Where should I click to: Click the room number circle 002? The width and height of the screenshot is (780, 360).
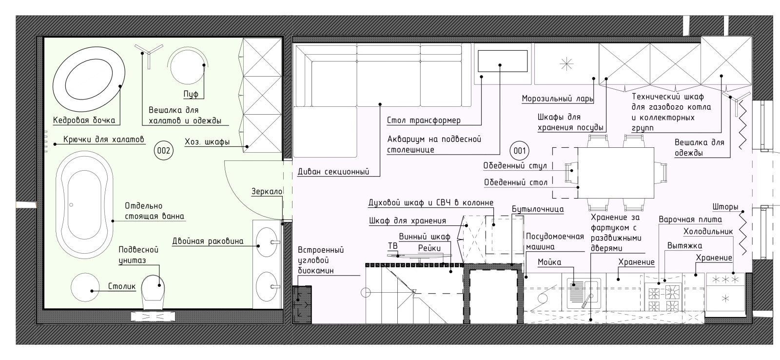click(163, 151)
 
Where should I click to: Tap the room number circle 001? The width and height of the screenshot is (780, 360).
click(519, 151)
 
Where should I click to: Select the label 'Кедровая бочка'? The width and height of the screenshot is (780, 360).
click(84, 120)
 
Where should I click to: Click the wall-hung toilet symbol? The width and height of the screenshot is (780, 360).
click(153, 292)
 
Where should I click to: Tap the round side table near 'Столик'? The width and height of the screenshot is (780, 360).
click(85, 287)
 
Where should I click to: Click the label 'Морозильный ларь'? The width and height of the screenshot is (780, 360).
click(557, 99)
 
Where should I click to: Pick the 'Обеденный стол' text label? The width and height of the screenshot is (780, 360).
click(516, 182)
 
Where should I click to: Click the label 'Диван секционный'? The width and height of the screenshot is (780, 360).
click(333, 172)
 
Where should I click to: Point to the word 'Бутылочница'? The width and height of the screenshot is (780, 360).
click(538, 209)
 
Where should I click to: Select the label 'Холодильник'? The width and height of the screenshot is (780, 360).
click(708, 231)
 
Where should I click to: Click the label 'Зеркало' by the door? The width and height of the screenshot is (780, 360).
click(267, 191)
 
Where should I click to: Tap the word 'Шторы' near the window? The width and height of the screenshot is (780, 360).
click(725, 207)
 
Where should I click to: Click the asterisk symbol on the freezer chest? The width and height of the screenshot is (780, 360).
click(566, 64)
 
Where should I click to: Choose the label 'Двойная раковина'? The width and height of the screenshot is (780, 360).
click(208, 241)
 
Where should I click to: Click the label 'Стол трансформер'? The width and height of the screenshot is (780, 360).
click(424, 120)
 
